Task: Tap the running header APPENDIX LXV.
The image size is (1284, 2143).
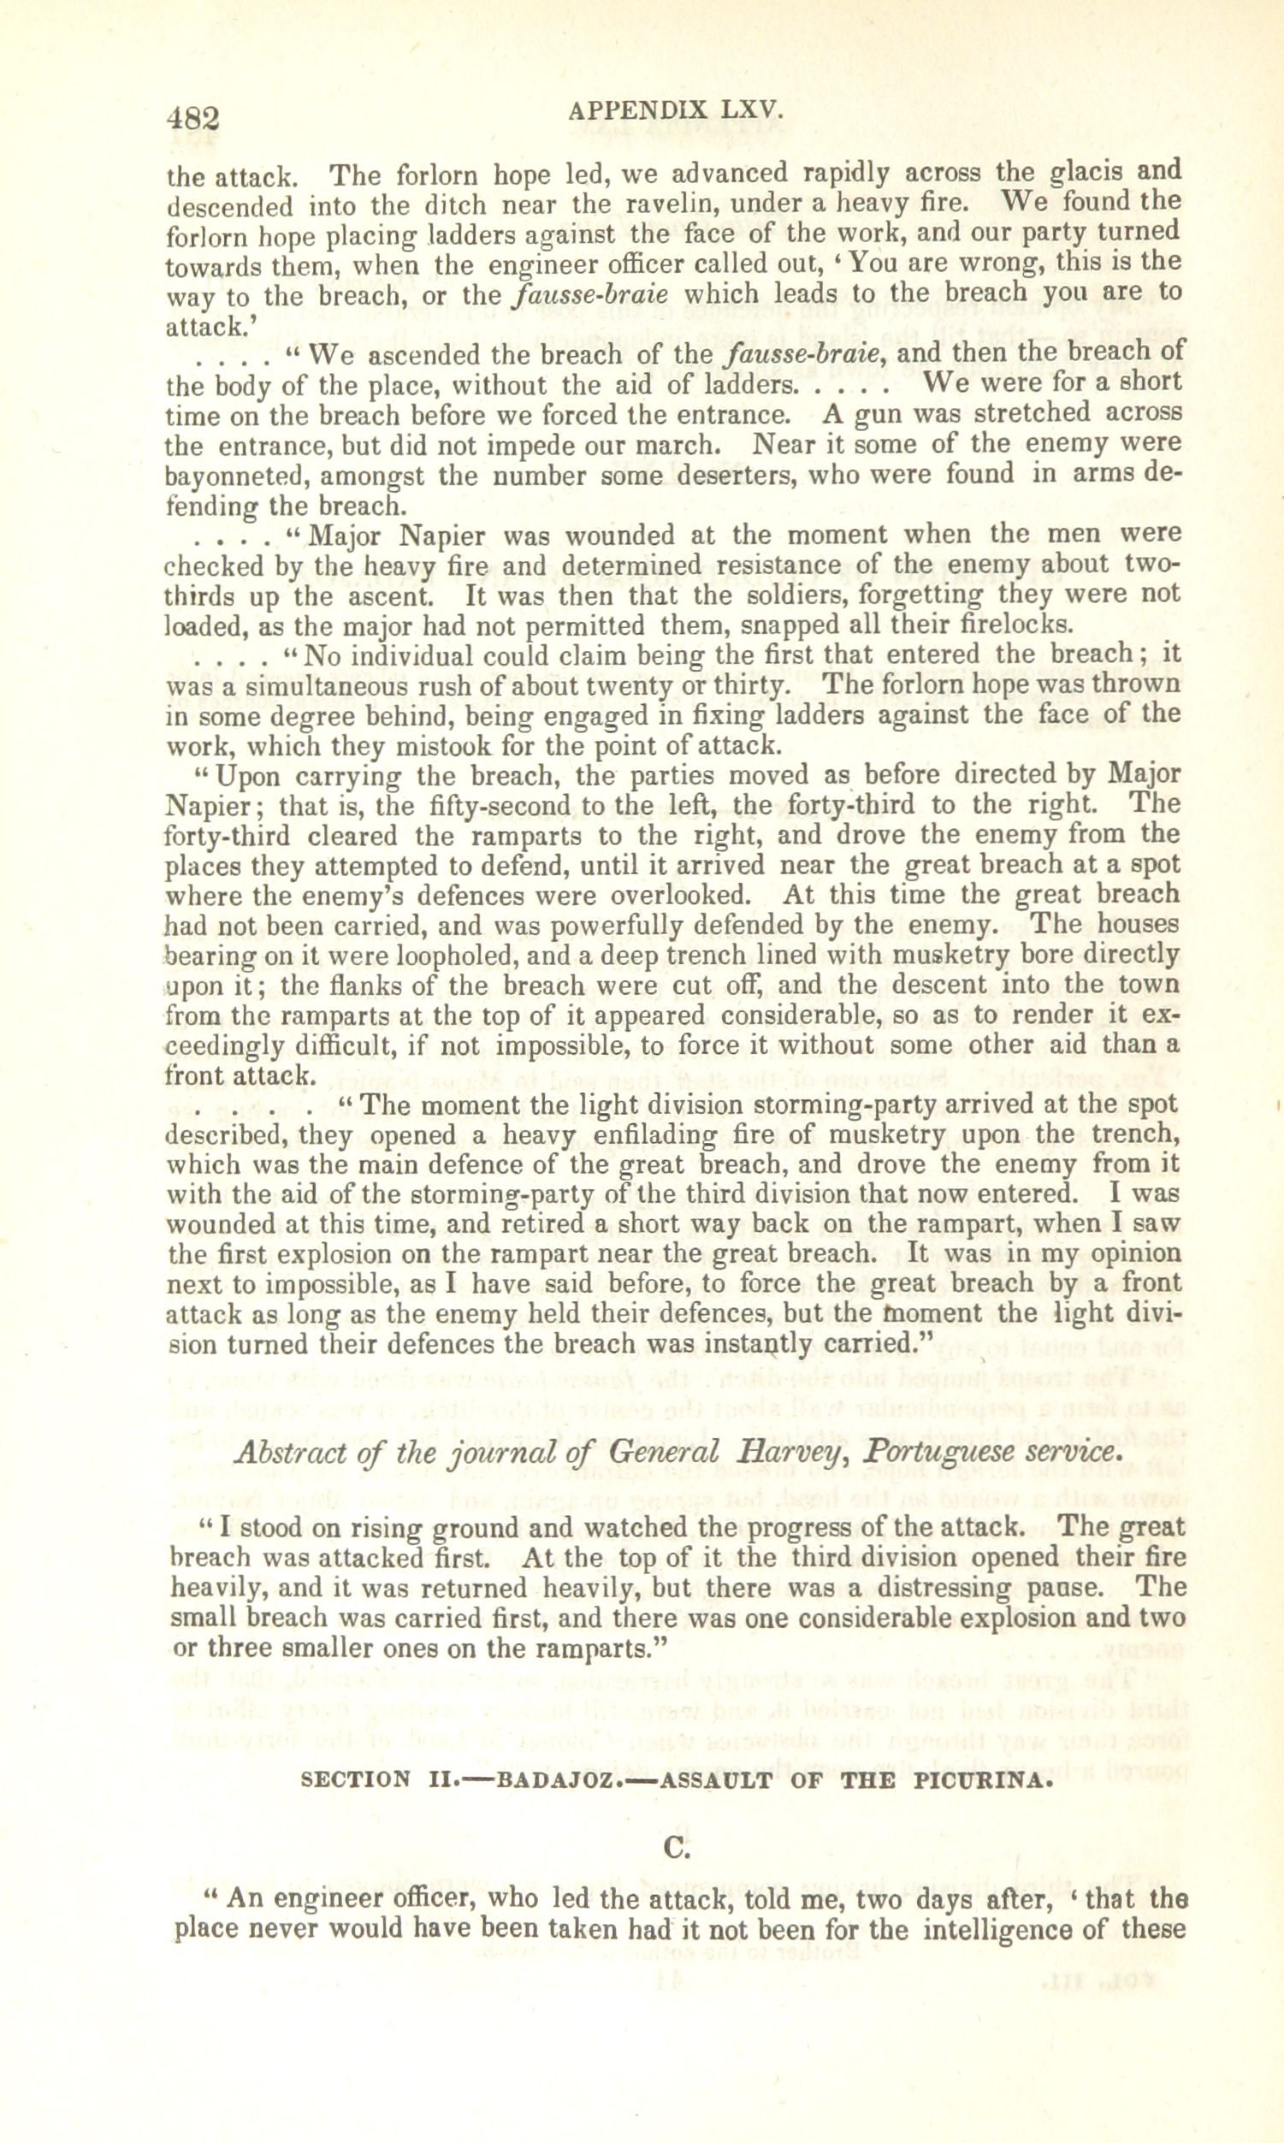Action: click(676, 110)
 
